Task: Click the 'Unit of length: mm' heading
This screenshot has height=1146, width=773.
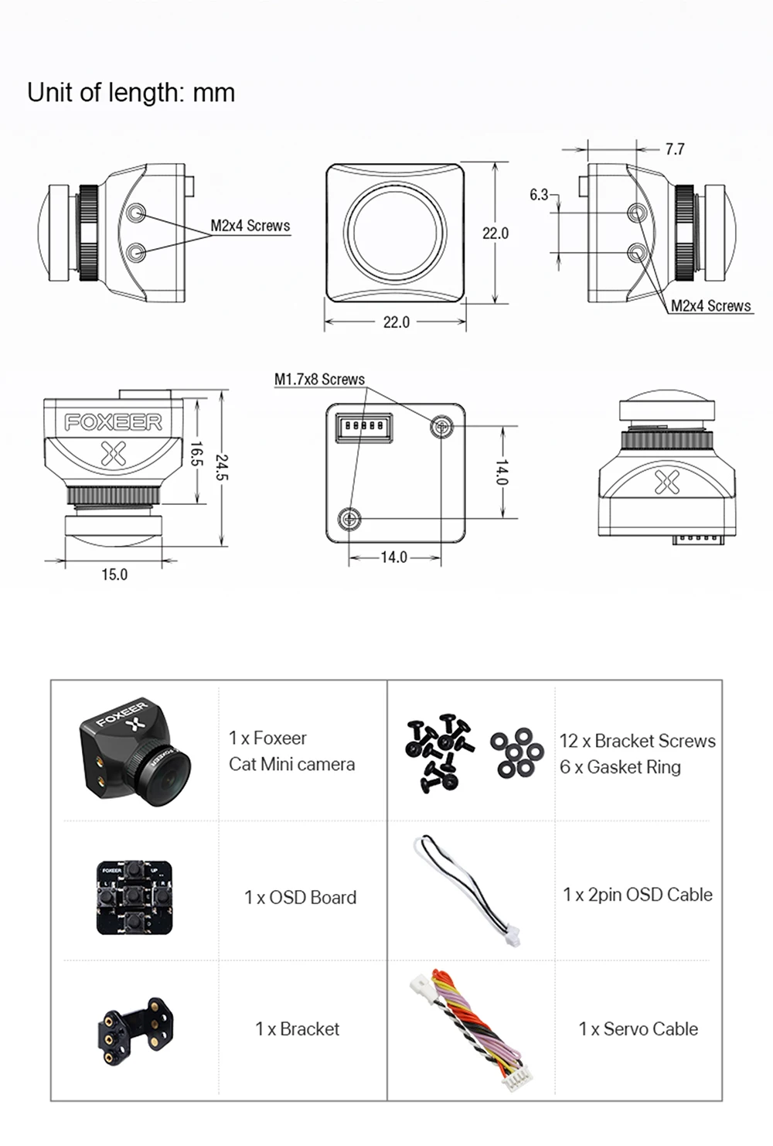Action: [131, 93]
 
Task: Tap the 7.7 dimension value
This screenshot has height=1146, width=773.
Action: [674, 149]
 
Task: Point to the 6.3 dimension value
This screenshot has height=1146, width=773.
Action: [539, 195]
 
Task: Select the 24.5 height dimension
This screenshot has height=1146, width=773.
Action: [222, 467]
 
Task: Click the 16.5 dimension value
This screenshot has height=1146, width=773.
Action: [196, 454]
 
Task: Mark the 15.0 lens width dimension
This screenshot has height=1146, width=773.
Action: [114, 575]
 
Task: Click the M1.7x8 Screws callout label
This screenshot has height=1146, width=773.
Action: [319, 379]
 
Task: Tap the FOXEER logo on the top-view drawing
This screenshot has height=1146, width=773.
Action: [113, 422]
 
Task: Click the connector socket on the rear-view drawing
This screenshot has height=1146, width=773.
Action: [363, 427]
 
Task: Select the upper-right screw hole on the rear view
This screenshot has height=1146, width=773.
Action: [442, 425]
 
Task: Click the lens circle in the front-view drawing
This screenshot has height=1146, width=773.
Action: [396, 230]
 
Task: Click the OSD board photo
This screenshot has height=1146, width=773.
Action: [135, 897]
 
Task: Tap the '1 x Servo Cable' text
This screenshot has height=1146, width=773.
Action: [638, 1029]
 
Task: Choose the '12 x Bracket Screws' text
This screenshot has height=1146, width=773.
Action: [637, 741]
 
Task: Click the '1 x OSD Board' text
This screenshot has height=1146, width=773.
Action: [300, 897]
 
